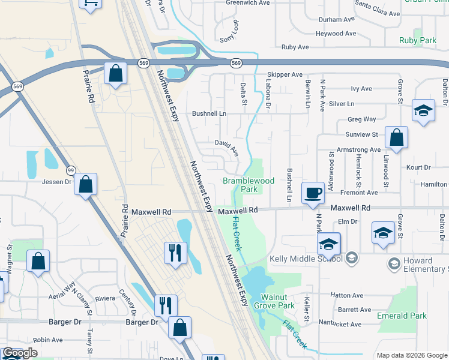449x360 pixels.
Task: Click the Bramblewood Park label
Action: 249,185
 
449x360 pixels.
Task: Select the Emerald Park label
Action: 402,316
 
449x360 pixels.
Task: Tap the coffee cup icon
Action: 313,194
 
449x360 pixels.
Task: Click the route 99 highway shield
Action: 71,171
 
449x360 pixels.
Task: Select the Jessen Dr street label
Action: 56,181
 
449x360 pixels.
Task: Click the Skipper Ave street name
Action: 285,74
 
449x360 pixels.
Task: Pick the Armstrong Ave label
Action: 359,149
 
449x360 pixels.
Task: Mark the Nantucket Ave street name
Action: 340,325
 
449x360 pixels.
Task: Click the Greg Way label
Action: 362,119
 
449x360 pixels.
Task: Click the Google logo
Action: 20,353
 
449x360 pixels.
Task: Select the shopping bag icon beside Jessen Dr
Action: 86,184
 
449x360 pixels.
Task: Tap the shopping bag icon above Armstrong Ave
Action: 396,138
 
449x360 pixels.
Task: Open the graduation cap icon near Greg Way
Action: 423,112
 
